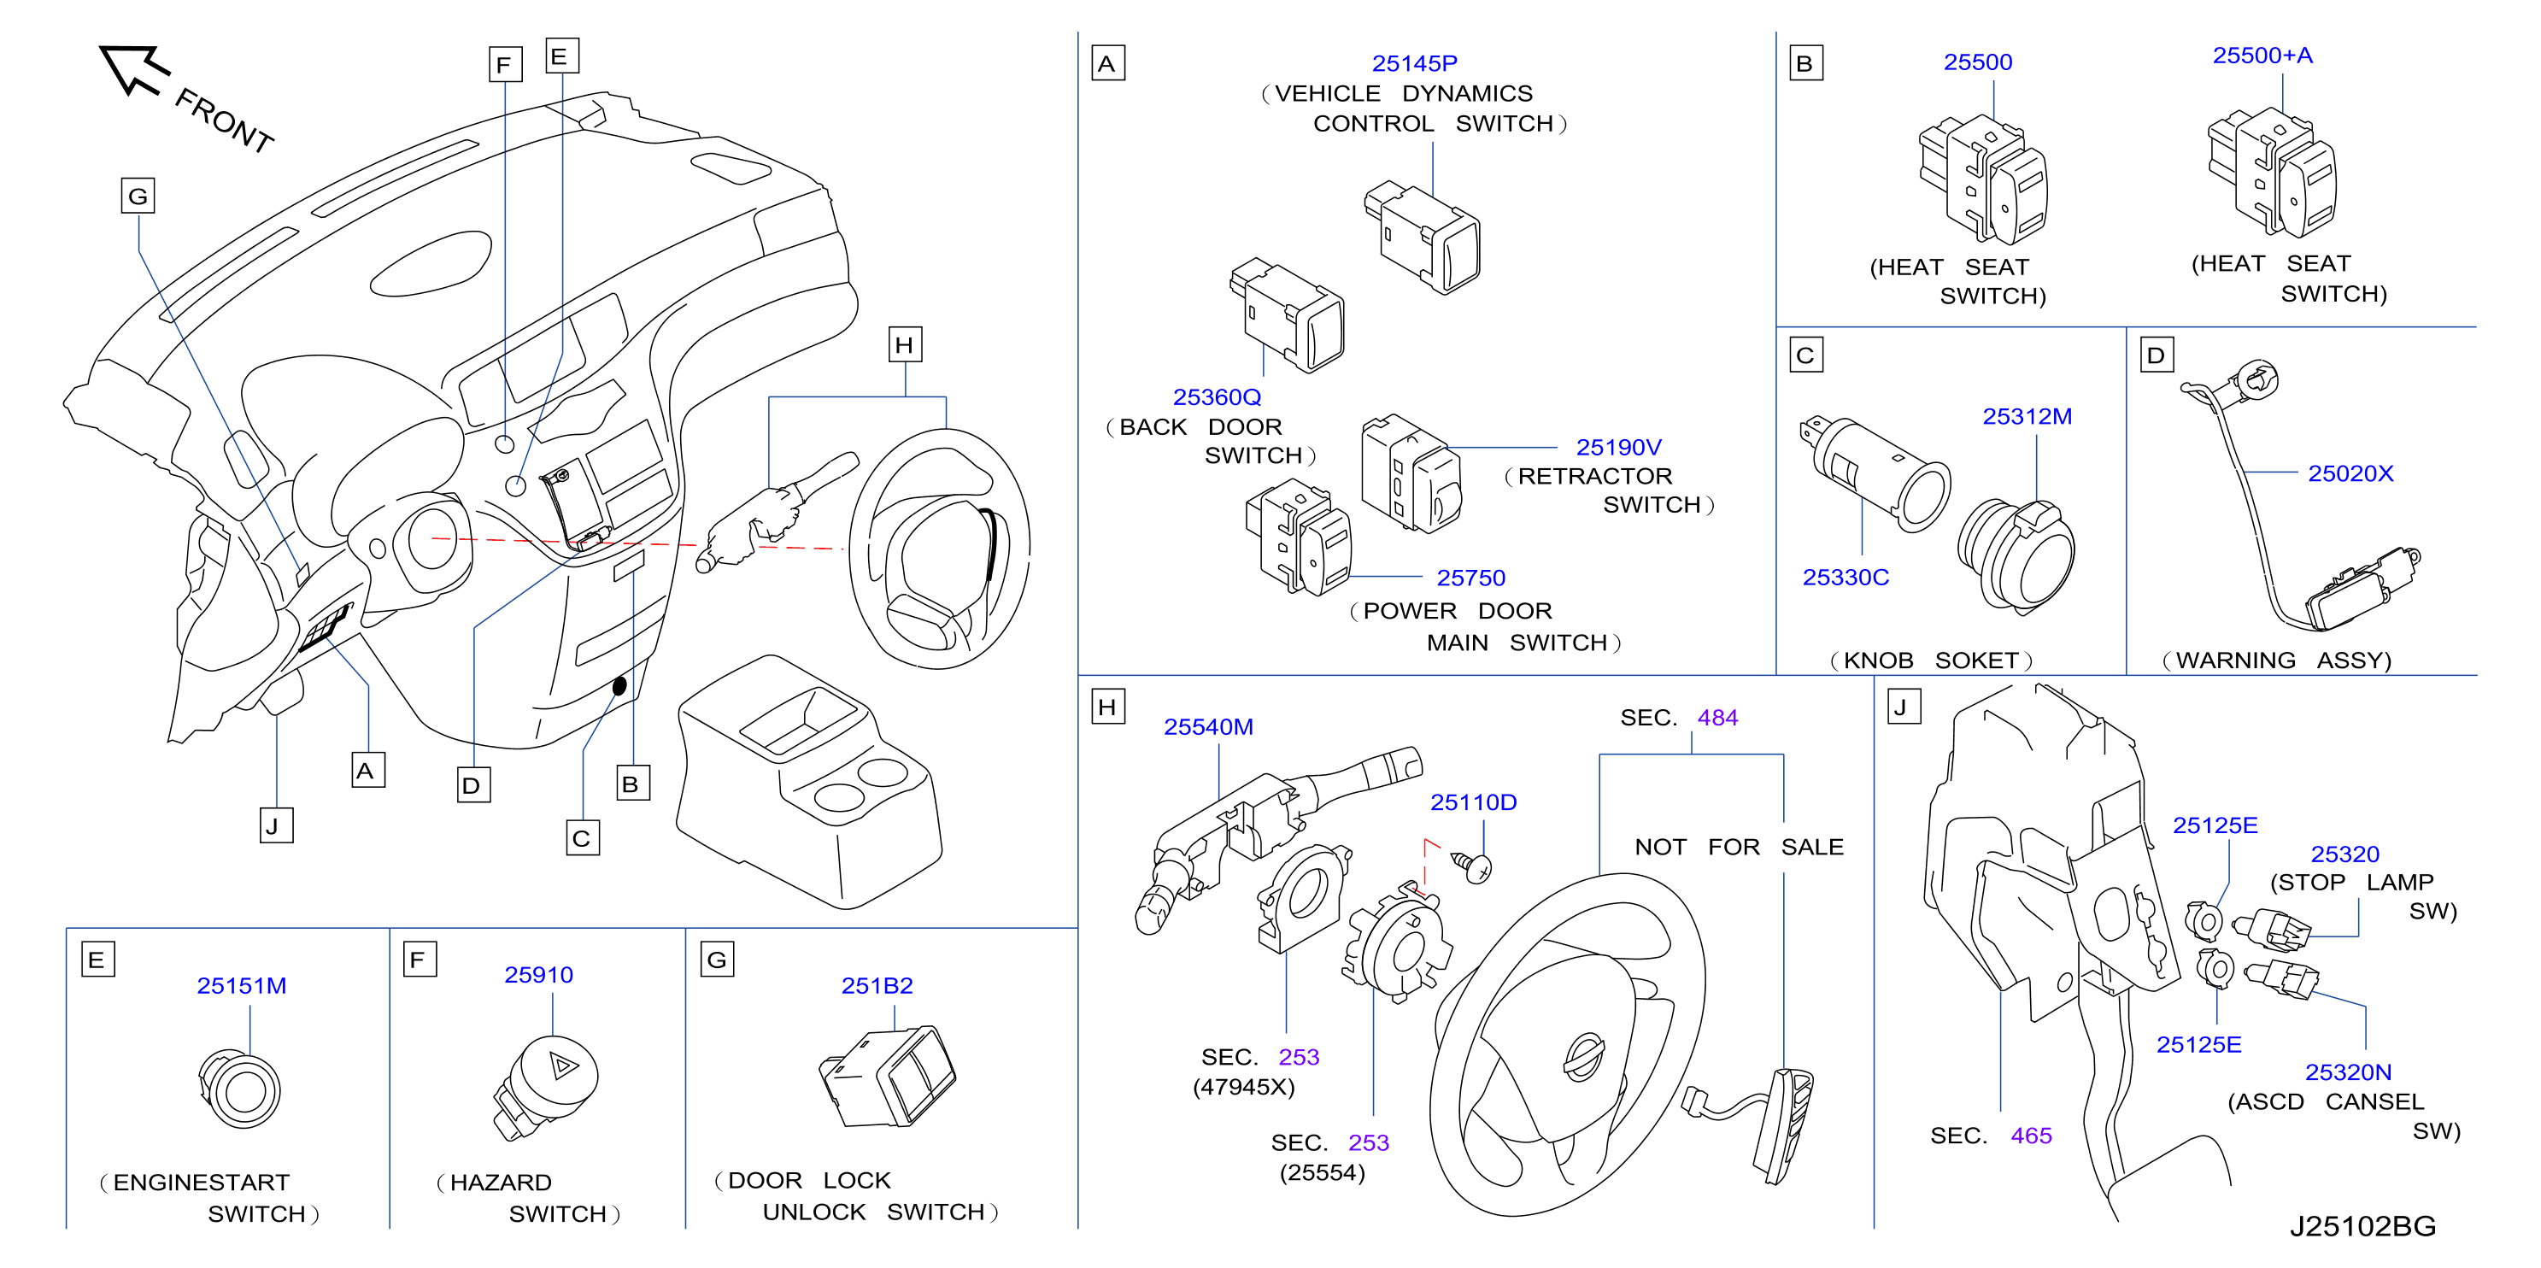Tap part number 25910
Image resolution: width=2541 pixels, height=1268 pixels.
pos(537,975)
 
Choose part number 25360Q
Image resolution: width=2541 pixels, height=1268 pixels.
pos(1217,396)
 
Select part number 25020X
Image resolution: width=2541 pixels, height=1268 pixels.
pos(2350,473)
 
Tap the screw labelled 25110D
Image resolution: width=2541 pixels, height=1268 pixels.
pos(1470,866)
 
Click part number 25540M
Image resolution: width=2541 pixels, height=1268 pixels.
pos(1208,727)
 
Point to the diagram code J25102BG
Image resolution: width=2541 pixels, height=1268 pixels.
pos(2362,1225)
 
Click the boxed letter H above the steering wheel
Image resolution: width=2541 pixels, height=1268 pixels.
pos(905,344)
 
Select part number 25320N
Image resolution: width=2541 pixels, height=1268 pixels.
pos(2348,1071)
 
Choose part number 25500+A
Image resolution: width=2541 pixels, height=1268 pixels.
pos(2262,56)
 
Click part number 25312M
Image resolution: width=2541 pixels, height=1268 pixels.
pos(2028,416)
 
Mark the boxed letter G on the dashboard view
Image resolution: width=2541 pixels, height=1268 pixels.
pos(138,196)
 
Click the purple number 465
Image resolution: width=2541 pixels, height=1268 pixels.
pos(2031,1136)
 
